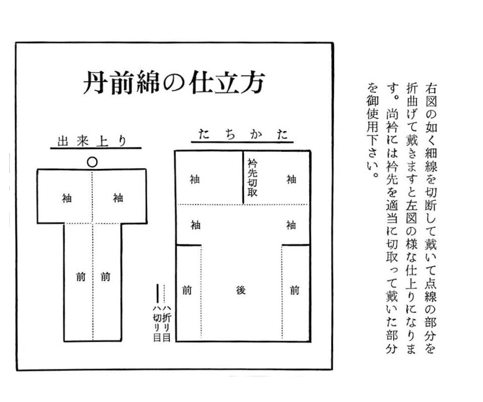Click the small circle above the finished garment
(92, 162)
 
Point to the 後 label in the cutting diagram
(241, 290)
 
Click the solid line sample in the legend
(157, 293)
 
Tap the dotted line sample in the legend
(164, 293)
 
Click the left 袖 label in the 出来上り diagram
(67, 198)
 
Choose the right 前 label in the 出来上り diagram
(105, 276)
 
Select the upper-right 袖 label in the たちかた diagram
(291, 180)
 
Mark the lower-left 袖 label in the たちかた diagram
(195, 225)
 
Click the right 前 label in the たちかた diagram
(294, 290)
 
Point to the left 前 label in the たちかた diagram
(186, 290)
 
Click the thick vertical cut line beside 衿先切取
(242, 177)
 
